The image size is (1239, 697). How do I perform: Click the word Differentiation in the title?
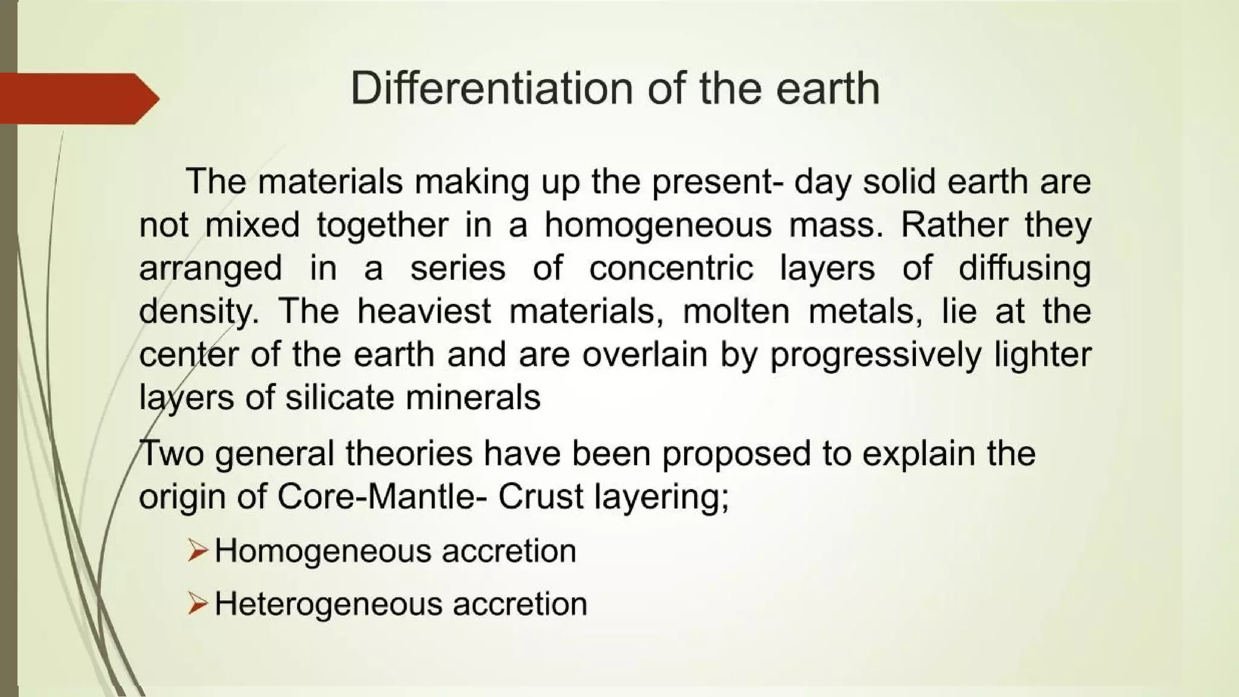point(492,88)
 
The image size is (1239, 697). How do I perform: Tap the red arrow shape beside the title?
point(79,99)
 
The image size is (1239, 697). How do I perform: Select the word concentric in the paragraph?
point(672,268)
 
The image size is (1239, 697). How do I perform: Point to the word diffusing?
point(1024,268)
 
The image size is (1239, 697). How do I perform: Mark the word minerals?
point(472,398)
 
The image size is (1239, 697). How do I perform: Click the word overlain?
point(644,355)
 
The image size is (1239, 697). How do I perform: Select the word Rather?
point(954,225)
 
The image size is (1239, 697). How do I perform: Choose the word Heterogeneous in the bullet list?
point(327,604)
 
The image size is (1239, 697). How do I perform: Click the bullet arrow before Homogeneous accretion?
point(198,551)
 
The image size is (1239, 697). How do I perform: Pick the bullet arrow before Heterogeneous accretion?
point(198,604)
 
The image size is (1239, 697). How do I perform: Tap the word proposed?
point(736,454)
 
